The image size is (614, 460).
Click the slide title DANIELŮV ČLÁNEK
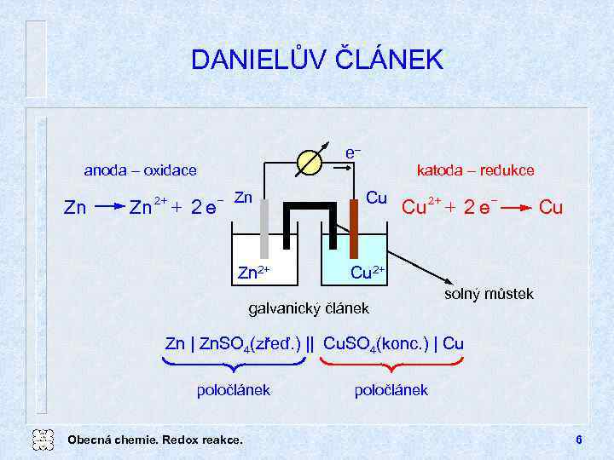(x=317, y=60)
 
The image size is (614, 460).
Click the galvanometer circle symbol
(x=309, y=160)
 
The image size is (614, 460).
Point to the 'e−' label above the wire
(x=353, y=152)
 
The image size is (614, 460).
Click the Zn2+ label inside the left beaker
(x=254, y=273)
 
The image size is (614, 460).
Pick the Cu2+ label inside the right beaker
(x=368, y=272)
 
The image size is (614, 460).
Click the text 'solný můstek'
(x=489, y=294)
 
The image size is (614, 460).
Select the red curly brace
(x=391, y=365)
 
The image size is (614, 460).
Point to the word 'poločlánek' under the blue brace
(x=234, y=390)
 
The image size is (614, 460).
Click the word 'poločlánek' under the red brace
(x=391, y=390)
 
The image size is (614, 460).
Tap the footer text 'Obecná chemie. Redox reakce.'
(x=154, y=440)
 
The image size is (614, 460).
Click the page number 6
(x=578, y=440)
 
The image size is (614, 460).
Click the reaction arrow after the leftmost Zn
(x=106, y=206)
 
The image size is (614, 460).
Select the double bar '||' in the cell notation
(x=310, y=344)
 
